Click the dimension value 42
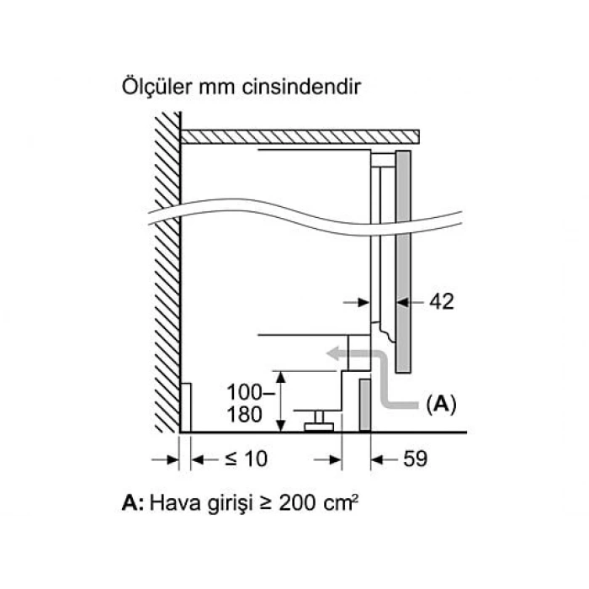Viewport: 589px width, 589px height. [442, 301]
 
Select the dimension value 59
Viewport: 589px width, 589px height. [415, 459]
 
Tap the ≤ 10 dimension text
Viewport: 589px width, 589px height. [247, 459]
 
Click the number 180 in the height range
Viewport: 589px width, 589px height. [245, 415]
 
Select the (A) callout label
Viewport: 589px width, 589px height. [442, 404]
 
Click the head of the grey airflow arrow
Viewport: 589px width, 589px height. [333, 353]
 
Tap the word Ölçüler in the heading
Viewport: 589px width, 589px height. [157, 87]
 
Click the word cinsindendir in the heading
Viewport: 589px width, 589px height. [301, 88]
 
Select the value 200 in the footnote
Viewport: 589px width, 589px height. [297, 503]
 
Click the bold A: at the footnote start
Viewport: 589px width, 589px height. [133, 503]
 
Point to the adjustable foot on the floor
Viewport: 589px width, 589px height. [319, 422]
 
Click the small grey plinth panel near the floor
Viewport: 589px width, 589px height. [364, 405]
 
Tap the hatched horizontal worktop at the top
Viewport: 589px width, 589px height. [300, 136]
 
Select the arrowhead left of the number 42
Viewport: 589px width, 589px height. [403, 301]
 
